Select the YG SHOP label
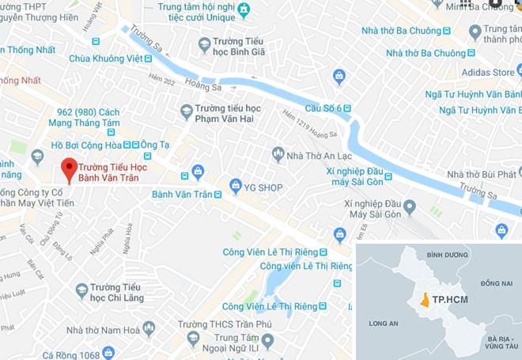pos(264,187)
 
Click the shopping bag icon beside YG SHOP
pos(235,186)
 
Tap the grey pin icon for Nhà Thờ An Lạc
pos(278,153)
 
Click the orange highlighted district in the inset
pos(425,300)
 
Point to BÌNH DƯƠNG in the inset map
pos(447,255)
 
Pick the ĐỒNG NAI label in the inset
pos(496,282)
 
